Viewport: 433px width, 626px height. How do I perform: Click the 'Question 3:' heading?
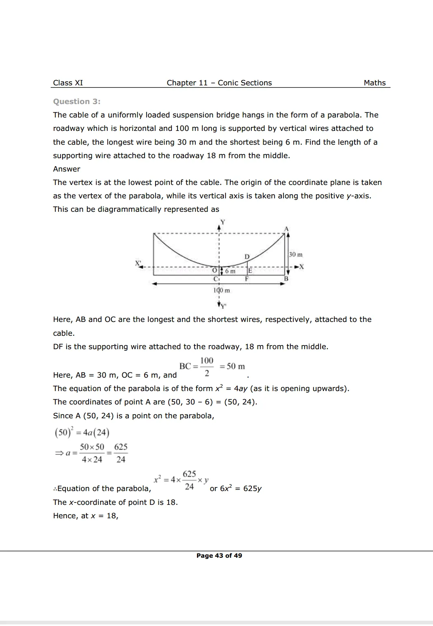point(76,102)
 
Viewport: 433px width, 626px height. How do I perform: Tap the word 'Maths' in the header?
point(375,83)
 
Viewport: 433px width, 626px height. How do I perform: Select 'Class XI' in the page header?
point(68,83)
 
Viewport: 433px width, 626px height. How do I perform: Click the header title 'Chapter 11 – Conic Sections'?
point(219,83)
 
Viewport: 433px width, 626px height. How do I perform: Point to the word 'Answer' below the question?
point(67,169)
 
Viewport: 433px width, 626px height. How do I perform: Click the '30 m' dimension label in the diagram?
point(296,254)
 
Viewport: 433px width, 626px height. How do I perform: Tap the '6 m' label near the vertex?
point(230,271)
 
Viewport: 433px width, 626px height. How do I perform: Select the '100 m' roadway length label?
point(221,290)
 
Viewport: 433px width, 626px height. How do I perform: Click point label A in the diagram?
point(286,229)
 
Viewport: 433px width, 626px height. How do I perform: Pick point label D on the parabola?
point(247,256)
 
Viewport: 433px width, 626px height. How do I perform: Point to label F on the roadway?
point(247,279)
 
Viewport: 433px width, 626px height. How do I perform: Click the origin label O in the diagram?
point(214,270)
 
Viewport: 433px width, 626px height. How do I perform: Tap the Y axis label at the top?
point(223,222)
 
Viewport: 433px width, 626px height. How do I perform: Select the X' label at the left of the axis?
point(138,263)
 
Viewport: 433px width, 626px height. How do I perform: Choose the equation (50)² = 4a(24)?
point(82,432)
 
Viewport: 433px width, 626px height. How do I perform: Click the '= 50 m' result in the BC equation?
point(232,366)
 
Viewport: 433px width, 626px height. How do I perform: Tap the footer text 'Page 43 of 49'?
point(219,556)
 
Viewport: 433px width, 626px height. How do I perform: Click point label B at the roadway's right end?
point(286,279)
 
